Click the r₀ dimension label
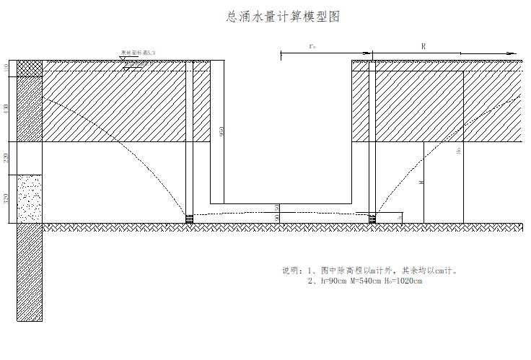[x=312, y=46]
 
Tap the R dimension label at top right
[x=424, y=46]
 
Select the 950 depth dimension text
[x=222, y=131]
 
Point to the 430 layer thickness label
[x=7, y=110]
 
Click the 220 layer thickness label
[x=7, y=158]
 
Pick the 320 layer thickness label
[x=7, y=198]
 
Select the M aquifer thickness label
[x=421, y=183]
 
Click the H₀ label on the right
[x=459, y=152]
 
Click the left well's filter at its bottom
[x=190, y=218]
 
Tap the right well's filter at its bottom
[x=372, y=218]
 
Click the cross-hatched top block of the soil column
[x=30, y=66]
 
